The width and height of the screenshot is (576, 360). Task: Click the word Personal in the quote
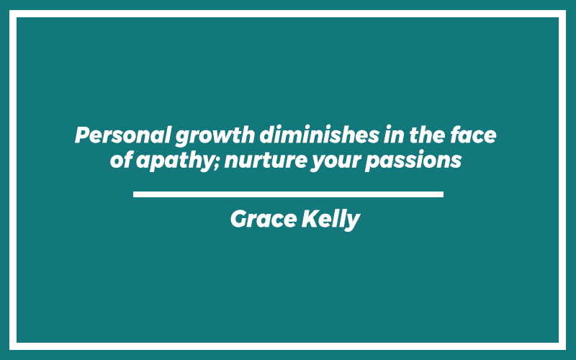[x=122, y=135]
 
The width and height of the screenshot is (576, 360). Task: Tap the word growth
[x=215, y=137]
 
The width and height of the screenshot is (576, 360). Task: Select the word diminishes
[x=319, y=135]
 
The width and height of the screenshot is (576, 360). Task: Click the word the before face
[x=427, y=135]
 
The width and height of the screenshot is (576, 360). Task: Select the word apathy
[x=175, y=161]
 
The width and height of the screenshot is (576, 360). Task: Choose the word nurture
[x=265, y=160]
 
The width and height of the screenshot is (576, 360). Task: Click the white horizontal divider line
[x=288, y=194]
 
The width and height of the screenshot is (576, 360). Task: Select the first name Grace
[x=264, y=219]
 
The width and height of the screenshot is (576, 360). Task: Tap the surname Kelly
[x=330, y=220]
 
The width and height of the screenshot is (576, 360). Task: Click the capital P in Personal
[x=83, y=135]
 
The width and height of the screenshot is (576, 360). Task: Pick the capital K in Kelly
[x=310, y=219]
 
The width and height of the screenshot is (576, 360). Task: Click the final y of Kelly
[x=353, y=222]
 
